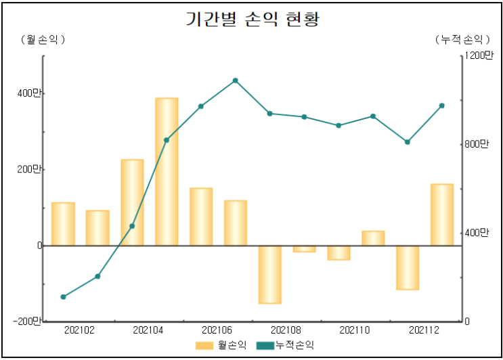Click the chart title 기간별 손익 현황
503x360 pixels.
click(252, 19)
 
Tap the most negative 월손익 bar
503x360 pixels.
click(269, 274)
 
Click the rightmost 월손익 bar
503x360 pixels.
click(441, 215)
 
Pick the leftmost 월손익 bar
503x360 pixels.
click(63, 223)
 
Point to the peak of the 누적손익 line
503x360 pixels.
click(235, 81)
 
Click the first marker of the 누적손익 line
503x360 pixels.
click(63, 297)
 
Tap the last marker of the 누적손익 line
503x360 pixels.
click(441, 106)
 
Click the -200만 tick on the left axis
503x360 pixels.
click(28, 321)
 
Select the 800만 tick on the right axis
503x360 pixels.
click(476, 144)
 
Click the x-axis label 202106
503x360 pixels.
click(217, 330)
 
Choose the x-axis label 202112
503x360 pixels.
click(424, 330)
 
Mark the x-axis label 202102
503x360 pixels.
click(80, 330)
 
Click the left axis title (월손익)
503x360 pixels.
click(43, 39)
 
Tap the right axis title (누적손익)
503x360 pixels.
click(460, 39)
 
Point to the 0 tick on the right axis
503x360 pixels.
click(467, 321)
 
